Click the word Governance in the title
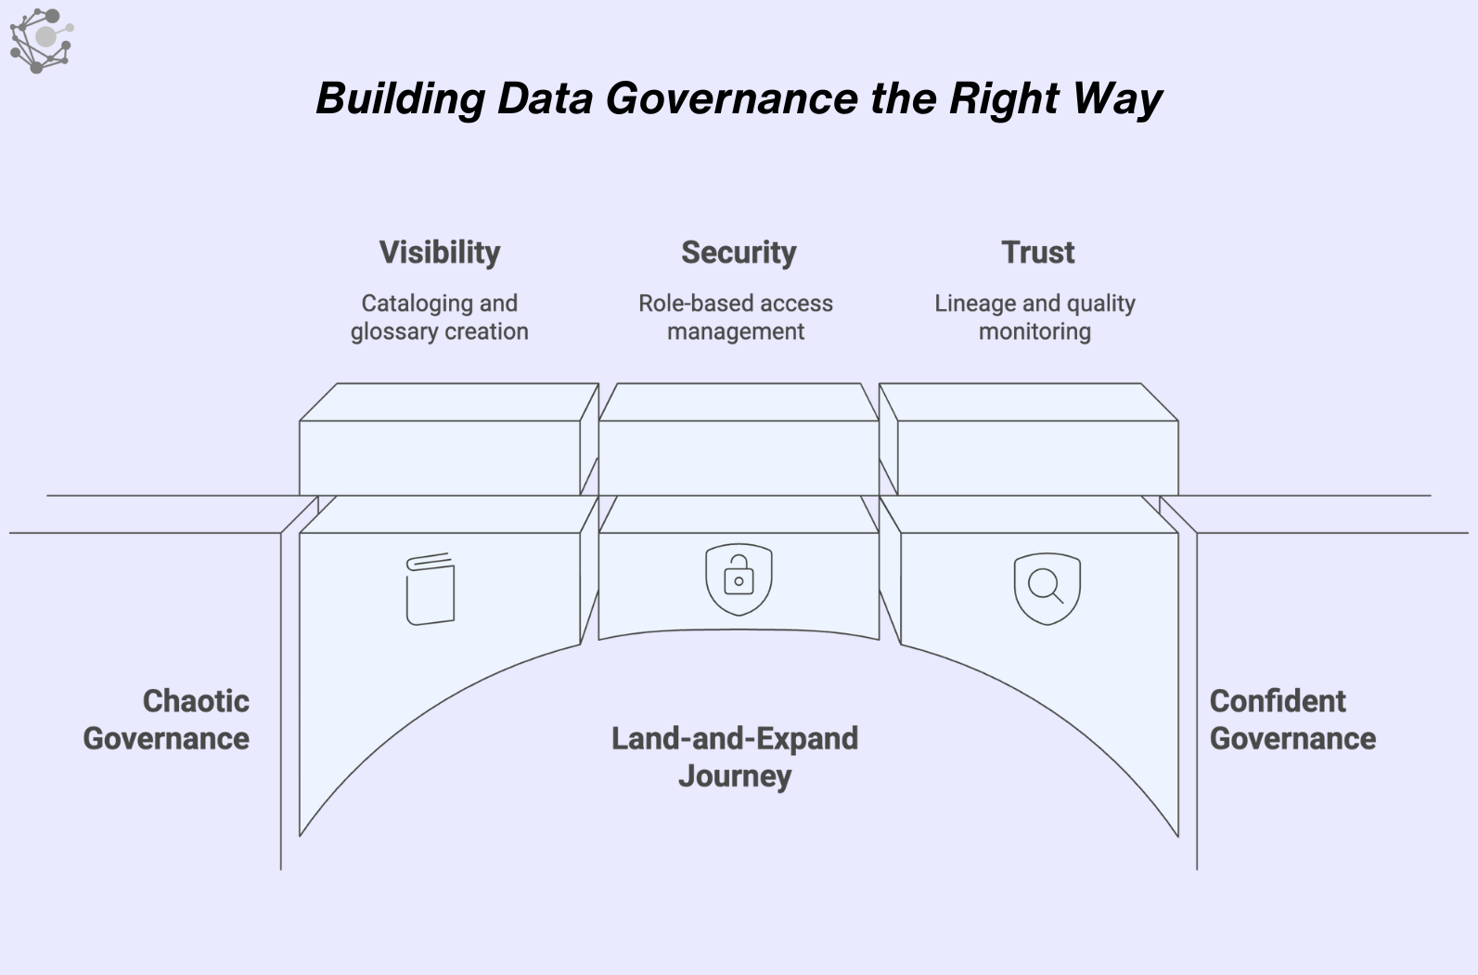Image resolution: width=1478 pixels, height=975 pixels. (x=732, y=99)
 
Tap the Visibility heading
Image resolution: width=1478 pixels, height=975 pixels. (x=440, y=253)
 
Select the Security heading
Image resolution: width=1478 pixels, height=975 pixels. (x=739, y=253)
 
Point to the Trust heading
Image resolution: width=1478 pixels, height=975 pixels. (x=1037, y=253)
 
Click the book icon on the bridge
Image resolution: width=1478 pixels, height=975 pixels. (x=431, y=589)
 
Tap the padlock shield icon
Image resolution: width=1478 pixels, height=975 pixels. (x=739, y=579)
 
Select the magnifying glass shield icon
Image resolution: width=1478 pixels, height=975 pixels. (x=1047, y=589)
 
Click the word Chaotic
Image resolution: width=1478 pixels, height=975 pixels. (x=196, y=701)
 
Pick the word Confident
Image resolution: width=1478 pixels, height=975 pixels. (x=1278, y=701)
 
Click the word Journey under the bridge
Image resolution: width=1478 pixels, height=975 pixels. (x=735, y=776)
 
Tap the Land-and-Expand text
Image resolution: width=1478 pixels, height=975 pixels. (x=735, y=739)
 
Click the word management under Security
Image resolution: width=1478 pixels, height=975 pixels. (x=736, y=332)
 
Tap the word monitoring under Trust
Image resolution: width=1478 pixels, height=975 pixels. (x=1035, y=332)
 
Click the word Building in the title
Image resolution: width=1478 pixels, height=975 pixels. (x=401, y=99)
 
